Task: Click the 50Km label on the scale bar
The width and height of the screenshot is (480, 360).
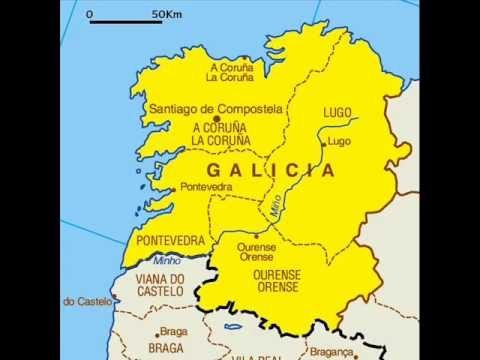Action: pyautogui.click(x=166, y=16)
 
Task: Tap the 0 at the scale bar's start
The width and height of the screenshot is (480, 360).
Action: pyautogui.click(x=90, y=16)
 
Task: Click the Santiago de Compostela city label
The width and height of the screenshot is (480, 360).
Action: pyautogui.click(x=215, y=108)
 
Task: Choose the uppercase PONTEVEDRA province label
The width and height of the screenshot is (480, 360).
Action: pyautogui.click(x=170, y=241)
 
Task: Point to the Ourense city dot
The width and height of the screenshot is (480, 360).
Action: pyautogui.click(x=255, y=236)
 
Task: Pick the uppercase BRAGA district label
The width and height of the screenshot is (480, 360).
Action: pyautogui.click(x=166, y=348)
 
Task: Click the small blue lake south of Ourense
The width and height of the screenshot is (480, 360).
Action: pyautogui.click(x=233, y=326)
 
